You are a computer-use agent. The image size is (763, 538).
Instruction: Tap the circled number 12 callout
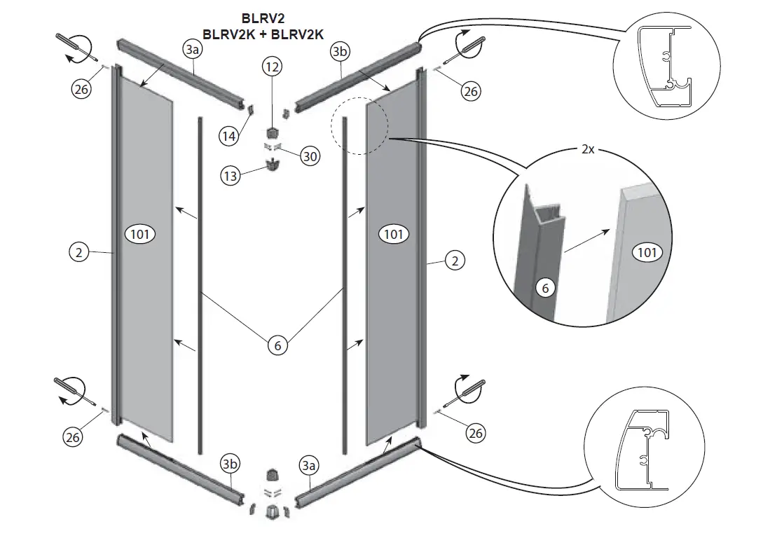coord(272,67)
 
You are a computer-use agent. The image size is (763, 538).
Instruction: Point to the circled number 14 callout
coord(228,137)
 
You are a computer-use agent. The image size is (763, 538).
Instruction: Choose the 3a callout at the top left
coord(192,49)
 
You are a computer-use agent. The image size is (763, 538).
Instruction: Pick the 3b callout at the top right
coord(340,52)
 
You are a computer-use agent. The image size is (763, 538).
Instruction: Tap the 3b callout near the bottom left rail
coord(230,464)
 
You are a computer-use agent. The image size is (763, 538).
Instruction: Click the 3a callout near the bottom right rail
coord(308,464)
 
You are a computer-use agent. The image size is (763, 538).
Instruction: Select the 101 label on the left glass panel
coord(140,234)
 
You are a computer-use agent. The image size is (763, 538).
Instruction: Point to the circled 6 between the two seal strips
coord(278,345)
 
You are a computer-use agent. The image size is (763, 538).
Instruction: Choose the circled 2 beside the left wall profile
coord(79,252)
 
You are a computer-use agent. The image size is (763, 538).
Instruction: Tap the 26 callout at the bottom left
coord(73,436)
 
